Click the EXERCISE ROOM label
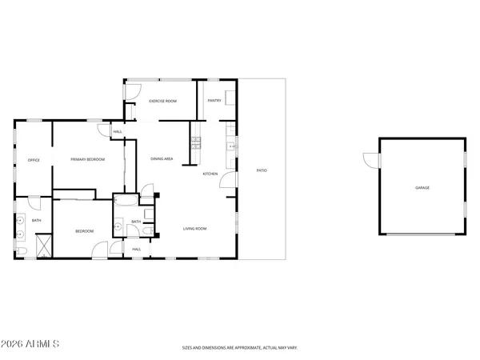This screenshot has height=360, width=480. (x=162, y=101)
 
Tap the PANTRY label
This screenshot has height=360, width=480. (x=214, y=101)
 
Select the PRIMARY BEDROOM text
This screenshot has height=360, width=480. (x=88, y=160)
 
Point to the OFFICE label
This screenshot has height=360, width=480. (x=34, y=160)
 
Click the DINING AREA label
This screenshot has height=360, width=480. (x=162, y=159)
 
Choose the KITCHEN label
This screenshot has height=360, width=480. (x=210, y=174)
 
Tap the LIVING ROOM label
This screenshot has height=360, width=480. (x=195, y=230)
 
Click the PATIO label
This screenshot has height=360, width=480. (x=262, y=170)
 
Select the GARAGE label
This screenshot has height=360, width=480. (x=422, y=187)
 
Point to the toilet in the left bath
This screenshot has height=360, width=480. (x=21, y=251)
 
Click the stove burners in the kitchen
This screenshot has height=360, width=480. (x=195, y=144)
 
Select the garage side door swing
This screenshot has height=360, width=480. (x=369, y=160)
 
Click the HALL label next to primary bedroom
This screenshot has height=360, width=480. (x=118, y=131)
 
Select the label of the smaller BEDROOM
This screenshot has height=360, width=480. (x=85, y=231)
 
